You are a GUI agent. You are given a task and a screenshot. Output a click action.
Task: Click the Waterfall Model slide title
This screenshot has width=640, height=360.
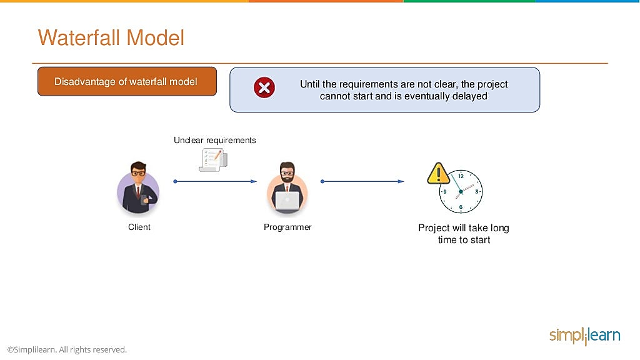click(111, 38)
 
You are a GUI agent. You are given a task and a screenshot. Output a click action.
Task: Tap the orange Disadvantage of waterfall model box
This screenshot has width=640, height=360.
click(127, 82)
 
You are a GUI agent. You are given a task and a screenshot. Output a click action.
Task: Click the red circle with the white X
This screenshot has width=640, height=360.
click(264, 87)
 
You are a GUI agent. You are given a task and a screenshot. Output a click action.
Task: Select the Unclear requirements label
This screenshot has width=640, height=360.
click(215, 141)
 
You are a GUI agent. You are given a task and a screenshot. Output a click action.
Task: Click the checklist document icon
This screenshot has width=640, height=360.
click(213, 160)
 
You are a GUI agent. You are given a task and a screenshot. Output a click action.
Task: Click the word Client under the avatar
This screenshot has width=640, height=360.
click(139, 227)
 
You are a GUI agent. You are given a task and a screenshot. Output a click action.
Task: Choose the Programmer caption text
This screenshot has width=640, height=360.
click(287, 227)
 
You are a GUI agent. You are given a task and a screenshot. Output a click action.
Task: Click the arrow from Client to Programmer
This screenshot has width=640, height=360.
click(216, 181)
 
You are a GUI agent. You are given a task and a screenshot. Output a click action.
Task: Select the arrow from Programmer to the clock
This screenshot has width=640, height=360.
click(362, 181)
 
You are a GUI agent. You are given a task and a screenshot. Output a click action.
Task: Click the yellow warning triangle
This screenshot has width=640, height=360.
click(438, 174)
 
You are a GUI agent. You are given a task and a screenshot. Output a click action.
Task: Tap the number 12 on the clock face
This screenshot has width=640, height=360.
click(461, 176)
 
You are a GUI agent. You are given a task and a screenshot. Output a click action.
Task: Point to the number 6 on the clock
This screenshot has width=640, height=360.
click(461, 207)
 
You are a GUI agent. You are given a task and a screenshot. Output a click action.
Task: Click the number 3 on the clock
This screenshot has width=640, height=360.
click(476, 191)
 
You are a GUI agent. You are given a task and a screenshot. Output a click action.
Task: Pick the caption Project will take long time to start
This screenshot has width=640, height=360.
click(464, 234)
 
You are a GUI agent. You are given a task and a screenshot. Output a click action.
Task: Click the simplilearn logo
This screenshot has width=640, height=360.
click(584, 336)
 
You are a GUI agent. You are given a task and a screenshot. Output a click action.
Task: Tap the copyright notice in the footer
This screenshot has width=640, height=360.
click(67, 350)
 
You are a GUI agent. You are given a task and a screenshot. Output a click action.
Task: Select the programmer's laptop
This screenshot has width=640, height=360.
click(287, 201)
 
